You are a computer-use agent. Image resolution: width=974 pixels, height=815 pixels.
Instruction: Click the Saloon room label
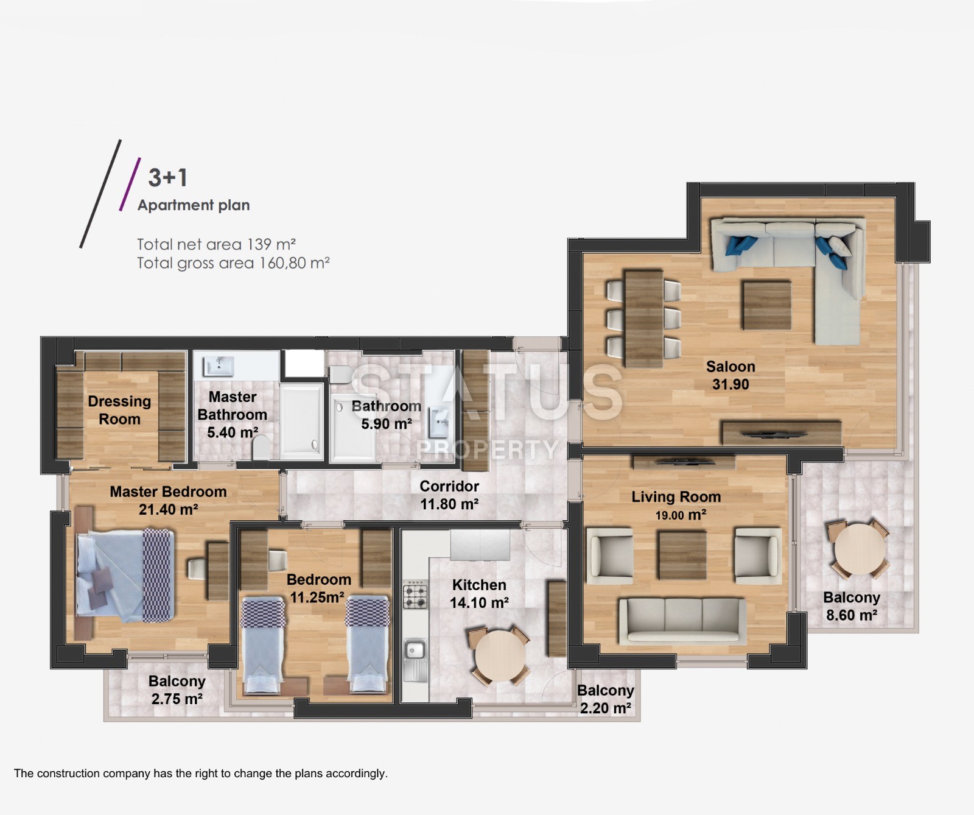(730, 375)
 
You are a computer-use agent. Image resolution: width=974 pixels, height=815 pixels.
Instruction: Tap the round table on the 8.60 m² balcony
(860, 548)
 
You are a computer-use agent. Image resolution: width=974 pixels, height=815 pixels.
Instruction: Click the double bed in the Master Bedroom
(125, 576)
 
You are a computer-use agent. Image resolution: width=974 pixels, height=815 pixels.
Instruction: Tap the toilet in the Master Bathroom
(261, 448)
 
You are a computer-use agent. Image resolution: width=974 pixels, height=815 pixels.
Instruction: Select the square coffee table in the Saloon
(766, 305)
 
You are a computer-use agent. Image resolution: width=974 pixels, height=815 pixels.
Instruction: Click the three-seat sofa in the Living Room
(682, 620)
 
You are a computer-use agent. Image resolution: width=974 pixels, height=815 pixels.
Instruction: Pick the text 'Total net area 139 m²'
(216, 244)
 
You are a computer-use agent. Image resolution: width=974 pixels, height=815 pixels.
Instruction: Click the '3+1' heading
(168, 177)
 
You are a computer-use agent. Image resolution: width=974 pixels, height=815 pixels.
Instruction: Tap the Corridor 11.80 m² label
(449, 495)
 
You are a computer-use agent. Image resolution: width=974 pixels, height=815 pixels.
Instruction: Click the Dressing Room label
(119, 410)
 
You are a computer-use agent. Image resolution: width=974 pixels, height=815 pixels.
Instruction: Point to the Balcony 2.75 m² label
(177, 690)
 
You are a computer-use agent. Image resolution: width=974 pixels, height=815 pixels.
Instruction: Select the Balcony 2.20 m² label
(606, 699)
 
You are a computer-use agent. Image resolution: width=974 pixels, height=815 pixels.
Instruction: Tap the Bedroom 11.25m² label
(318, 588)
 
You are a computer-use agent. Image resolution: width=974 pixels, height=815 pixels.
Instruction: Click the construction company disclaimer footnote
(201, 774)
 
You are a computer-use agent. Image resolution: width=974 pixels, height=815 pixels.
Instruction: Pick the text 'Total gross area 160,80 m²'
(233, 263)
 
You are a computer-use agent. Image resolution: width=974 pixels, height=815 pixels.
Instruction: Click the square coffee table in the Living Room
(682, 555)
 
